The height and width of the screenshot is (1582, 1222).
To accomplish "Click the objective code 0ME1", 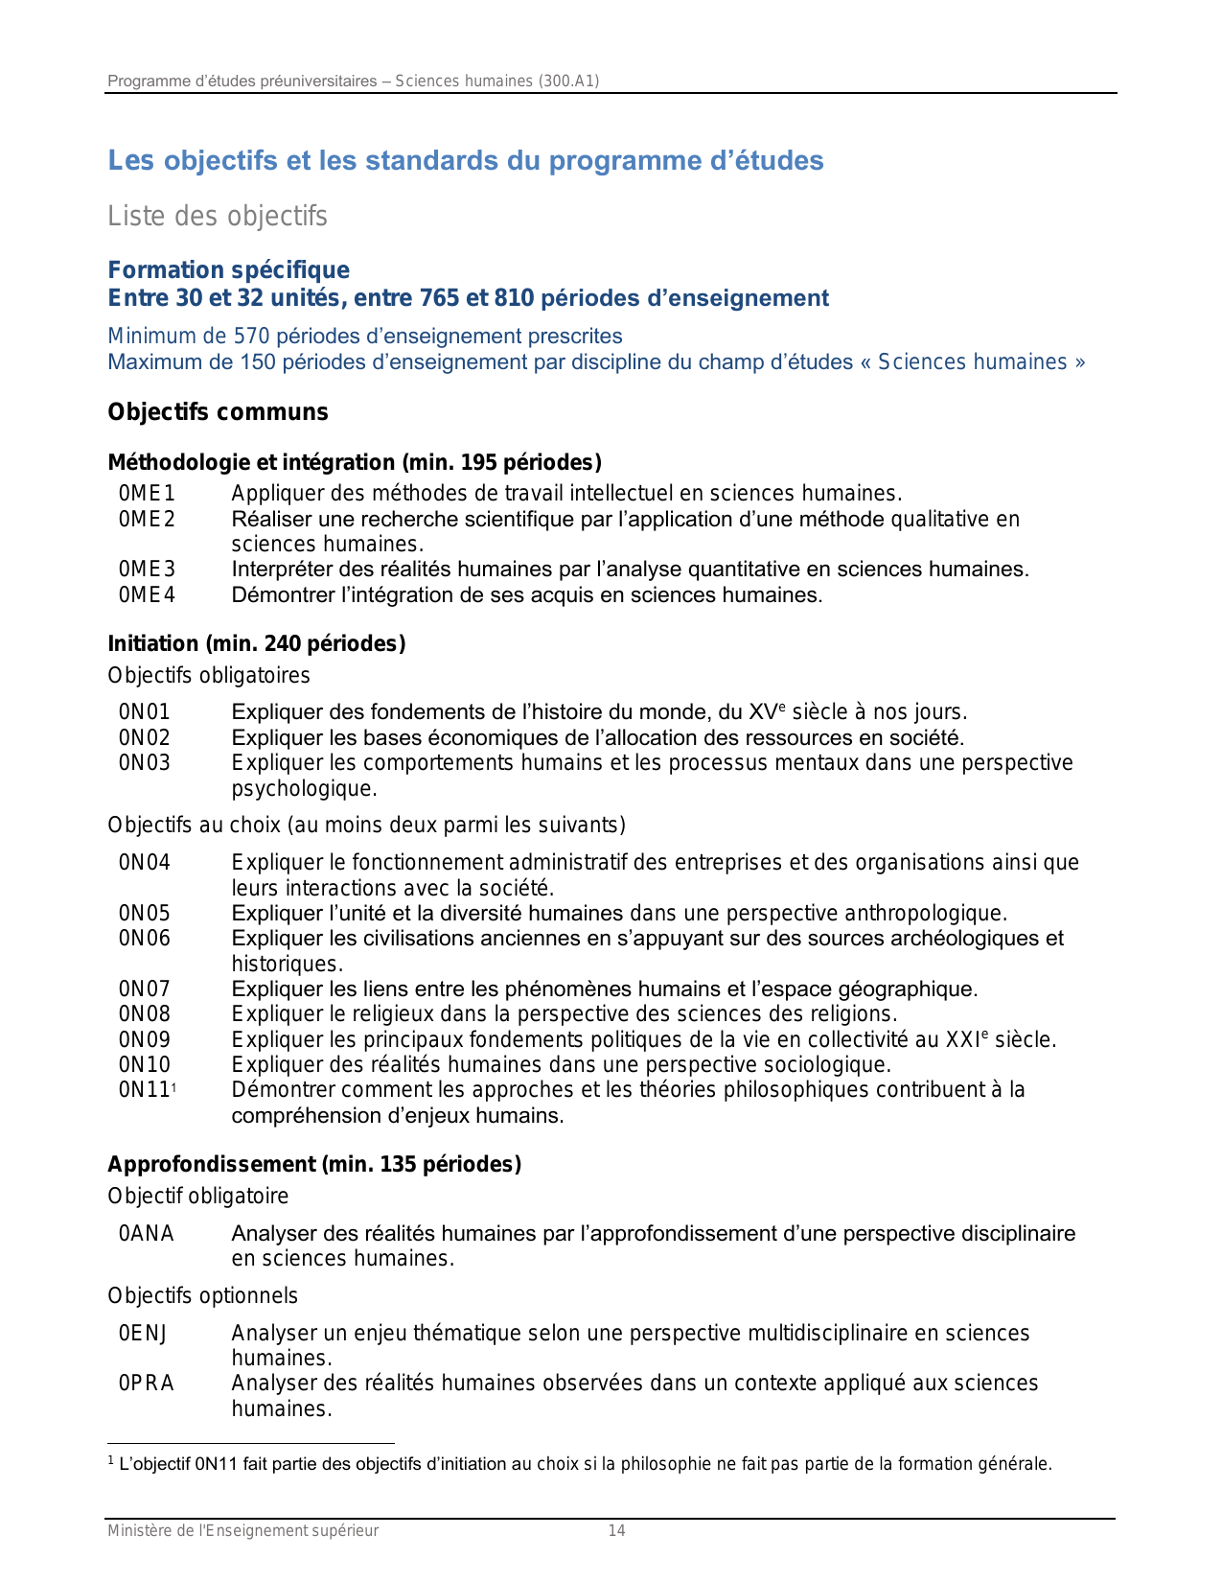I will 147,494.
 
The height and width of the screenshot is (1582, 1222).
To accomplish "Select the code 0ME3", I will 147,570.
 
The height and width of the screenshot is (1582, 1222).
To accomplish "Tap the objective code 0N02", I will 144,737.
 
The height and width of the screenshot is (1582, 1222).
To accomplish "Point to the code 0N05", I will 144,914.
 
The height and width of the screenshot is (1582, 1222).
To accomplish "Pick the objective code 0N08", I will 144,1014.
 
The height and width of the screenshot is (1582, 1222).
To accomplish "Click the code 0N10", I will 144,1065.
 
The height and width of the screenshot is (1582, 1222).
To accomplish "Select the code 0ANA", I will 146,1234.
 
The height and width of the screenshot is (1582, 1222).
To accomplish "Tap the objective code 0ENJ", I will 143,1334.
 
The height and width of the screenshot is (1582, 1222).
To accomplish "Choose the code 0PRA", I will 146,1384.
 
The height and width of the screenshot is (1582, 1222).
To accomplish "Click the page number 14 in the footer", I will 616,1531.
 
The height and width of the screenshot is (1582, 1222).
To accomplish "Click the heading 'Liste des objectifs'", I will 218,217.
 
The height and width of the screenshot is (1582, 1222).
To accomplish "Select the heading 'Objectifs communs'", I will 218,412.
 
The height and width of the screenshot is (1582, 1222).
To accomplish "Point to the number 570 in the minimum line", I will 252,337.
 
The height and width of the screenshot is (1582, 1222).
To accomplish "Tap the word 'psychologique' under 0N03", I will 302,789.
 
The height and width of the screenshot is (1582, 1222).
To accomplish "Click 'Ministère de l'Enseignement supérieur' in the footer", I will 242,1531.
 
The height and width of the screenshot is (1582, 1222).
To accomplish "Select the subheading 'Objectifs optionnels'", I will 202,1296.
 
